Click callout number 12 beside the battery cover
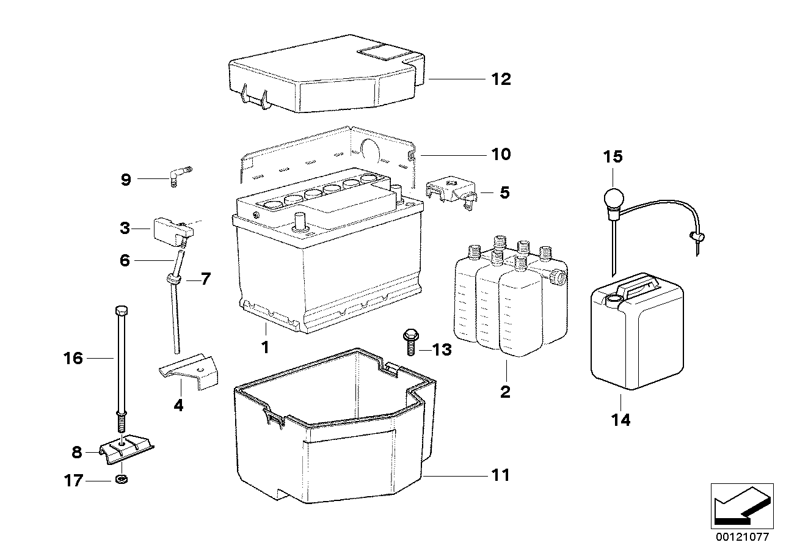coord(501,79)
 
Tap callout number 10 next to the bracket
coord(501,153)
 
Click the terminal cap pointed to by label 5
coord(452,191)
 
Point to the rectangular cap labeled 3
coord(171,229)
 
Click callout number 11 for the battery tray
coord(501,475)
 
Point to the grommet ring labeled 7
coord(173,279)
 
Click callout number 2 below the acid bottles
coord(505,391)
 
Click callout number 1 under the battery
coord(265,347)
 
